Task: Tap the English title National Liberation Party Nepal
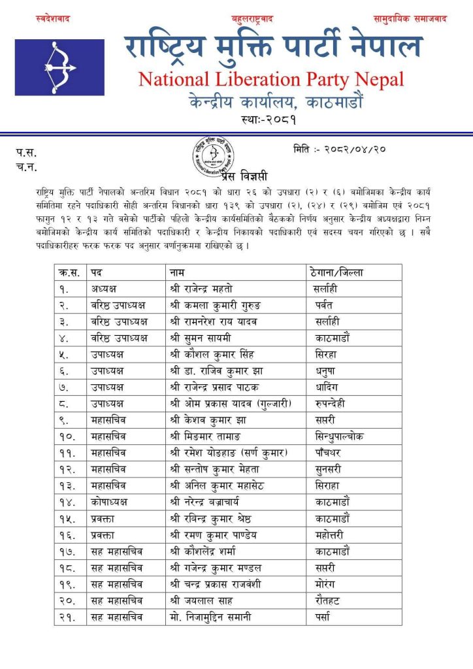click(271, 80)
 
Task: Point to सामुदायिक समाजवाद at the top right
click(410, 19)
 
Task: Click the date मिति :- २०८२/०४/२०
click(340, 149)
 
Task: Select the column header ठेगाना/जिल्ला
click(335, 272)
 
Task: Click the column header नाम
click(177, 272)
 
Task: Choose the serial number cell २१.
click(67, 617)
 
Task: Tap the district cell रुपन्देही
click(329, 403)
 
